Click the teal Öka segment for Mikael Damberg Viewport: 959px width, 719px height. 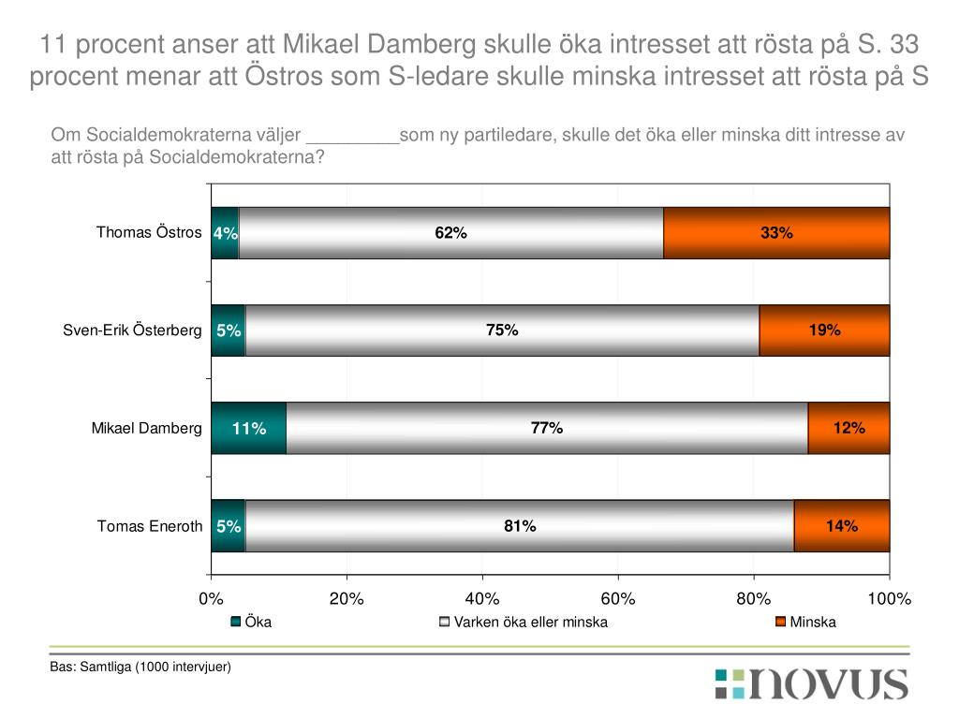point(248,429)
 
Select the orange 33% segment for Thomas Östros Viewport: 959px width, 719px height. point(776,233)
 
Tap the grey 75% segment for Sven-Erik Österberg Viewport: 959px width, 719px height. point(502,330)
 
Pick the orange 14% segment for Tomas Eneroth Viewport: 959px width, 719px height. point(842,526)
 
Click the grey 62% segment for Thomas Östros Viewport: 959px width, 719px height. point(450,233)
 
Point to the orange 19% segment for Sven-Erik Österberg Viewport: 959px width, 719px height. point(824,330)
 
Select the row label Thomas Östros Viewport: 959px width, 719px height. point(149,232)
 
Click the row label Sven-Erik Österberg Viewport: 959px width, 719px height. point(132,330)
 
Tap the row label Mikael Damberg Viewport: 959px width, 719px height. point(146,429)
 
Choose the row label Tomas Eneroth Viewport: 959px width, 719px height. point(150,526)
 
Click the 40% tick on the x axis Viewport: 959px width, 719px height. point(482,599)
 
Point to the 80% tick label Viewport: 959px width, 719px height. point(754,599)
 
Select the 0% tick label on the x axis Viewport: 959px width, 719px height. point(212,599)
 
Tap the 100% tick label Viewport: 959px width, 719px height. point(889,599)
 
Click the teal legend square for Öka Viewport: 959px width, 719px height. point(237,623)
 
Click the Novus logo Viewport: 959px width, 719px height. point(811,683)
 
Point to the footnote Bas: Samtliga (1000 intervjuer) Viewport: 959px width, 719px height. point(140,667)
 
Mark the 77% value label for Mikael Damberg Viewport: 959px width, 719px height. point(546,429)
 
